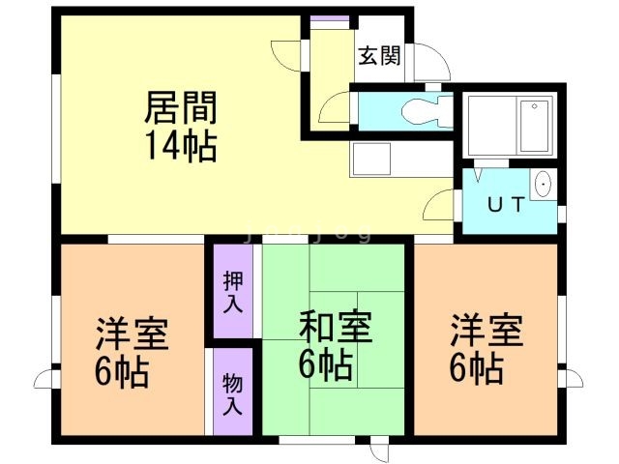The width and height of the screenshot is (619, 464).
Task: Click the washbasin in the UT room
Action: (544, 183)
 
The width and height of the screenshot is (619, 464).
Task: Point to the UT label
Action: (505, 204)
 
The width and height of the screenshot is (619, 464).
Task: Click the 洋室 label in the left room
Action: (132, 333)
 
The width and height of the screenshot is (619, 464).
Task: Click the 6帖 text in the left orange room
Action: (123, 373)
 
